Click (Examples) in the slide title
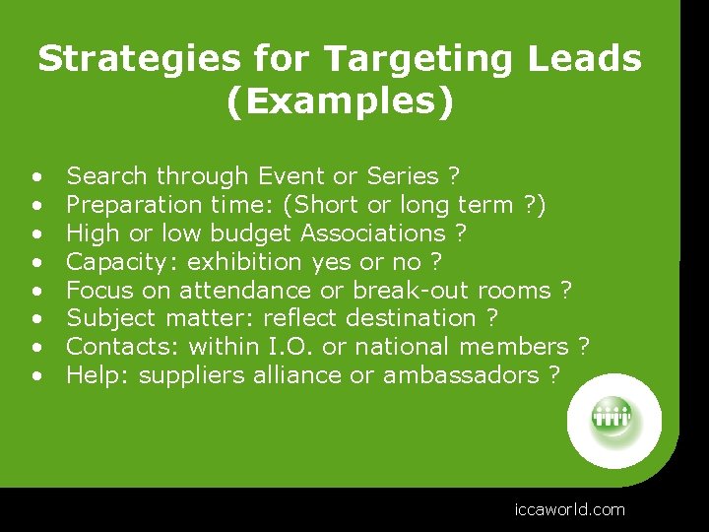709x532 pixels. click(340, 102)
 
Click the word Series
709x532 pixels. click(402, 176)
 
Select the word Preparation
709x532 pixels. click(135, 205)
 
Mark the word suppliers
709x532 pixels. click(187, 375)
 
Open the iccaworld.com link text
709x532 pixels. click(569, 509)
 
